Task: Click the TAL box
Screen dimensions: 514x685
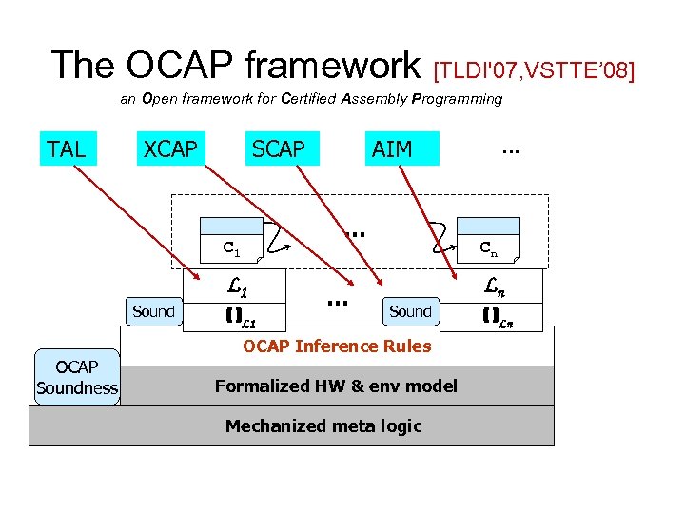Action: point(67,148)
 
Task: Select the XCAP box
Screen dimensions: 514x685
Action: point(170,148)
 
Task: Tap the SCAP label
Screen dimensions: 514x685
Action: point(279,148)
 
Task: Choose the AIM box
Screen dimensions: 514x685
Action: point(392,148)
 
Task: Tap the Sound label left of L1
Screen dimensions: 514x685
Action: point(153,311)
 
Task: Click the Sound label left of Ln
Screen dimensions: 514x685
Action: point(410,311)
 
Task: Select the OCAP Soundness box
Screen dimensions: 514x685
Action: point(77,378)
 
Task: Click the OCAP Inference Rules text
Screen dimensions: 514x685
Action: point(337,346)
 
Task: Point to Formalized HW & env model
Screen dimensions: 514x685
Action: point(336,385)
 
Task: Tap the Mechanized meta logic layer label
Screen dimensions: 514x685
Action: point(323,425)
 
